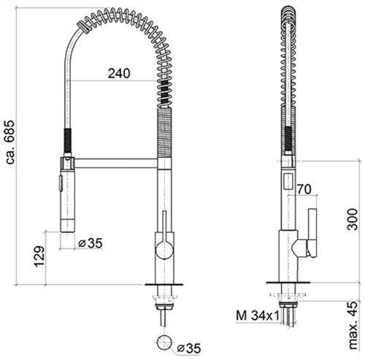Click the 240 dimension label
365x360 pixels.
[119, 73]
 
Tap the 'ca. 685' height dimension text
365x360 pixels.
[10, 142]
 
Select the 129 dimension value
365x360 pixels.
[39, 256]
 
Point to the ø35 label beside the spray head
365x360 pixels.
[91, 243]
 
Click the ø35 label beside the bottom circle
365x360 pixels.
[188, 348]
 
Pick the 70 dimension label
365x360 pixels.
[304, 189]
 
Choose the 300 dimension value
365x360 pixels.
[353, 219]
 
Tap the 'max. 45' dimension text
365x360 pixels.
[353, 325]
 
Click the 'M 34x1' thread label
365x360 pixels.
[258, 315]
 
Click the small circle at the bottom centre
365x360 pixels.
[164, 342]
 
